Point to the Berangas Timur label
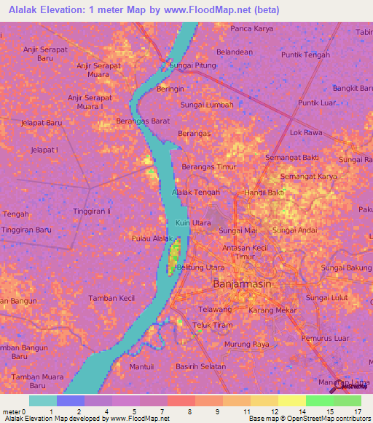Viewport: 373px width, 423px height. tap(205, 166)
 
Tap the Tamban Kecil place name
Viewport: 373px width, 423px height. tap(111, 298)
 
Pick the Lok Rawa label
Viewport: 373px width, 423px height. tap(306, 133)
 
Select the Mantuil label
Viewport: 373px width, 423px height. tap(141, 366)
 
